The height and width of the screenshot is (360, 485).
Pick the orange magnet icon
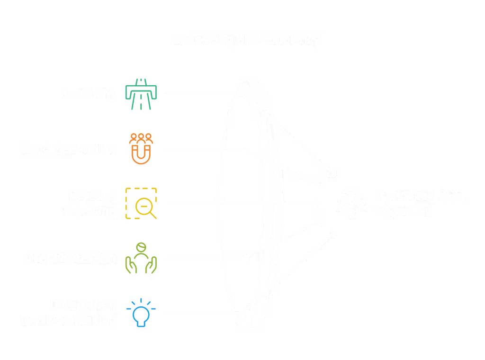(142, 148)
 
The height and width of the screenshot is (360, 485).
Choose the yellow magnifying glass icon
(142, 204)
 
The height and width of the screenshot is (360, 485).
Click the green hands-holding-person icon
(141, 258)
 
